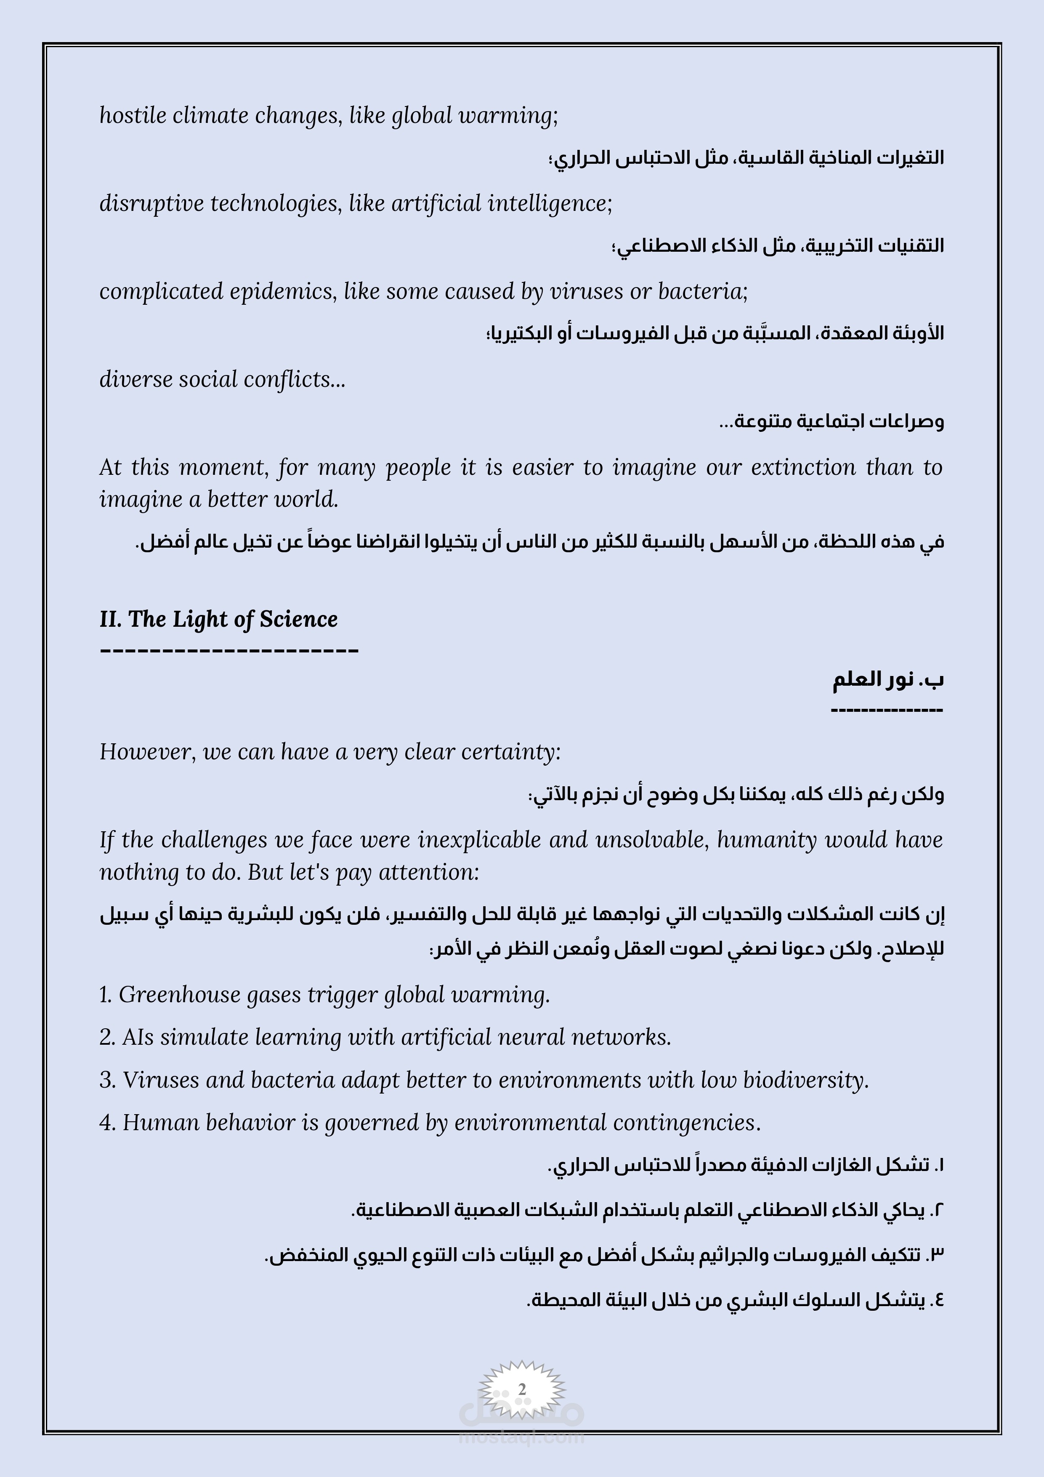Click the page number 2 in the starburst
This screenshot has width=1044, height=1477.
pyautogui.click(x=522, y=1389)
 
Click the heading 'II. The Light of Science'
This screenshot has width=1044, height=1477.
pyautogui.click(x=218, y=619)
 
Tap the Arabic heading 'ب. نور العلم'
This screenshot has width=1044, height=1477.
pyautogui.click(x=888, y=680)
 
